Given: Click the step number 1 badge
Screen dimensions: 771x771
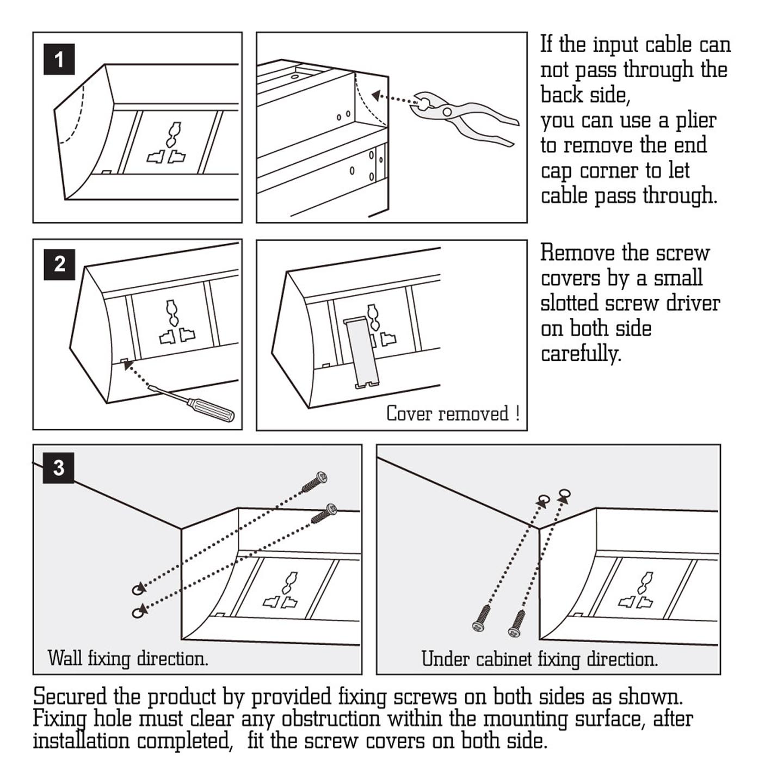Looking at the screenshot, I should tap(59, 59).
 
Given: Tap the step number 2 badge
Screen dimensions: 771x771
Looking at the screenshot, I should tap(59, 264).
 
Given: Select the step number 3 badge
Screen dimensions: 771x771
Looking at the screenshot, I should tap(59, 467).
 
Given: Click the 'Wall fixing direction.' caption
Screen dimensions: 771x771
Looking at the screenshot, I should tap(128, 658).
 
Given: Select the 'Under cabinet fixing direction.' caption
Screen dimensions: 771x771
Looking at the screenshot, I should tap(539, 659).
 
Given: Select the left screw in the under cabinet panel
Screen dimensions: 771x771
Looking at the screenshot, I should tap(482, 619).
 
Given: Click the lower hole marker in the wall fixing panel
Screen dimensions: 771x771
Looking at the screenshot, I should tap(139, 612).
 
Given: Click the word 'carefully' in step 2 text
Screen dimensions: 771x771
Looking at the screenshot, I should tap(580, 354).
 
